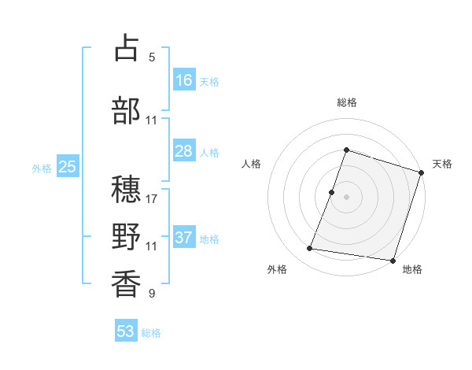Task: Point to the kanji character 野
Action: pos(127,235)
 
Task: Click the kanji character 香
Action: pos(127,283)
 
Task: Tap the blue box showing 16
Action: pos(184,80)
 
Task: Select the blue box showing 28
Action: pos(184,151)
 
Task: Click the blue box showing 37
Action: pos(184,238)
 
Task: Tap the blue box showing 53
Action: pos(126,331)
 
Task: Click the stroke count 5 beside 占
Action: pos(152,57)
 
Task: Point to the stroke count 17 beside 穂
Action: pos(152,199)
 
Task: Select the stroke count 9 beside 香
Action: pos(152,294)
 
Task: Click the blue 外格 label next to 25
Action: pos(42,168)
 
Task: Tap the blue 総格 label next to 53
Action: pos(151,333)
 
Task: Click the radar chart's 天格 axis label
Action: pos(443,164)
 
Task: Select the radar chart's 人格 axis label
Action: pos(252,164)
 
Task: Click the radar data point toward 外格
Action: pos(310,249)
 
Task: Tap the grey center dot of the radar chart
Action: pos(346,197)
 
